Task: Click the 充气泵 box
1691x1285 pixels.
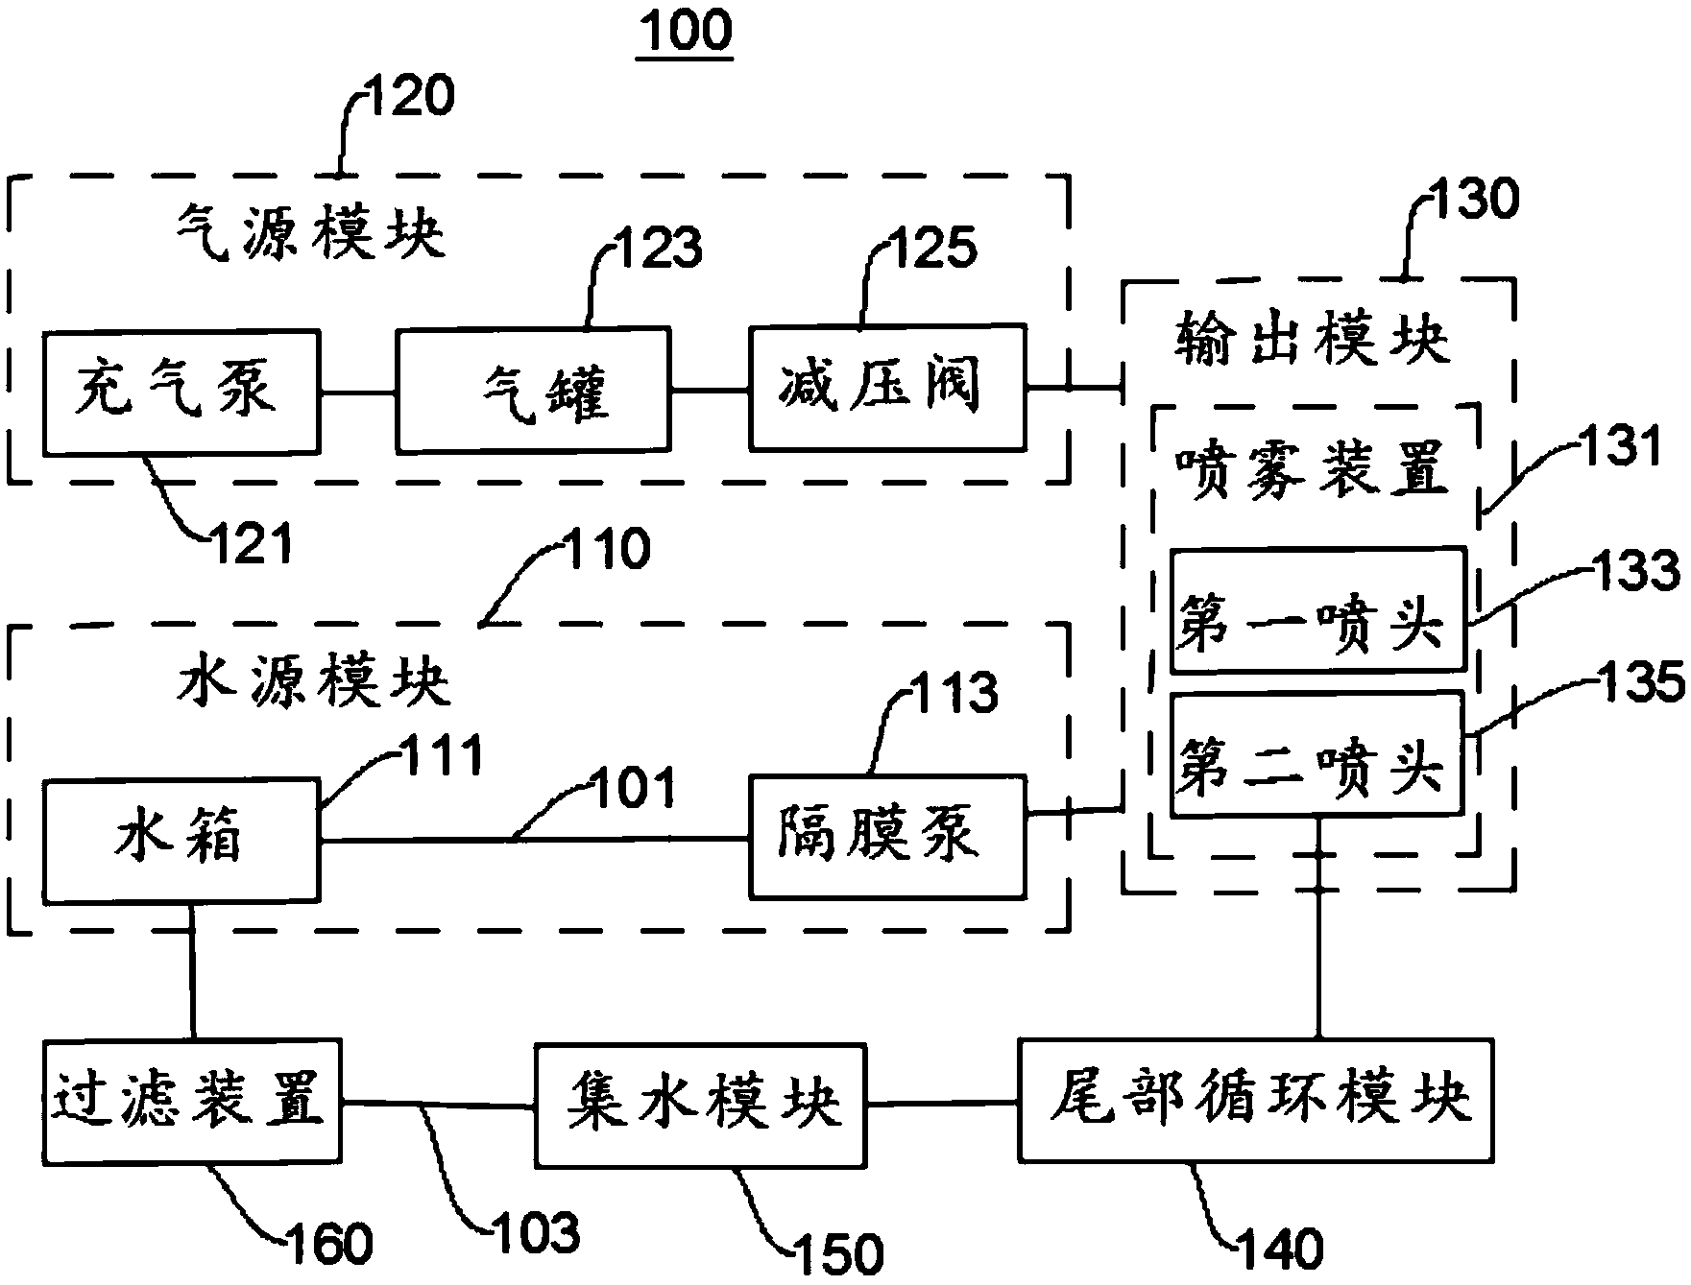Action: [181, 392]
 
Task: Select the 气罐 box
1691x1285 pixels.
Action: [533, 392]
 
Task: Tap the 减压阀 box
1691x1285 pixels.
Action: [886, 388]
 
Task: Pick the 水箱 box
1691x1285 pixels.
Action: [181, 840]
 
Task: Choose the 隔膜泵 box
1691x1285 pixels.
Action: [886, 836]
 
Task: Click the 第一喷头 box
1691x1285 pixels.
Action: [1317, 609]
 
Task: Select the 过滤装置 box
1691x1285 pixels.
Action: [192, 1101]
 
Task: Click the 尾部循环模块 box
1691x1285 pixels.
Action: [1256, 1099]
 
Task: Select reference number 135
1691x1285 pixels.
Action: [1638, 684]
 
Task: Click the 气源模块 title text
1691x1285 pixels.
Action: [312, 233]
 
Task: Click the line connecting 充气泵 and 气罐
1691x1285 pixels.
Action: [357, 392]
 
